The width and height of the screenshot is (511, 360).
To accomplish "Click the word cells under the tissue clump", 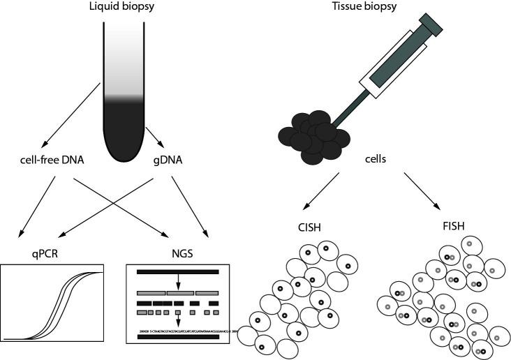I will click(x=376, y=160).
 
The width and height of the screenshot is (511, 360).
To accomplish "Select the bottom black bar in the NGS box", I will click(x=179, y=337).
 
